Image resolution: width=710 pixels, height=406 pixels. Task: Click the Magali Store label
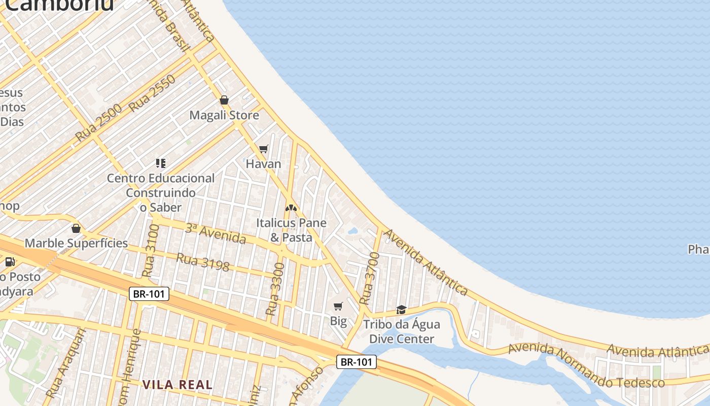pos(224,115)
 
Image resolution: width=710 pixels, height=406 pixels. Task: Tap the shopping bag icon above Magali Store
pos(224,100)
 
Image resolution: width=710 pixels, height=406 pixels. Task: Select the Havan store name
pos(263,164)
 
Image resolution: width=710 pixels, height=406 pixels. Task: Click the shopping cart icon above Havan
pos(263,149)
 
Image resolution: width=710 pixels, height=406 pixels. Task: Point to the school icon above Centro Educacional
pos(161,163)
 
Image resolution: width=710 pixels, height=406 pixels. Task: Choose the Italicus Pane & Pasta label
pos(291,230)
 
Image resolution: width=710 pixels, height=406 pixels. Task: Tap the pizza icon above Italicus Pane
pos(291,208)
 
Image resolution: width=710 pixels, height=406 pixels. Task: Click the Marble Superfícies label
pos(76,243)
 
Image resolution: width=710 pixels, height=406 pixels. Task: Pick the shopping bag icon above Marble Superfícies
pos(76,228)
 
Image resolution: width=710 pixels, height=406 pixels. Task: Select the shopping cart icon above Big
pos(338,306)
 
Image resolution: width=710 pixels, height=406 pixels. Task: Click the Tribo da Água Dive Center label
pos(402,331)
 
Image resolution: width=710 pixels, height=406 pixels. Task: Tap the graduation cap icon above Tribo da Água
pos(402,310)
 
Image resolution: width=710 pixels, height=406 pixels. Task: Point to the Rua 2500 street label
pos(99,123)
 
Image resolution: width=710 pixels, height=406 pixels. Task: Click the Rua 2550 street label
pos(152,94)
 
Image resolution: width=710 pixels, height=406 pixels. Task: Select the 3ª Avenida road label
pos(215,234)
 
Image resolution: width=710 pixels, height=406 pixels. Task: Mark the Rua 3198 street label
pos(203,262)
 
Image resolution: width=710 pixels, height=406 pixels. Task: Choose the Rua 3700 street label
pos(369,278)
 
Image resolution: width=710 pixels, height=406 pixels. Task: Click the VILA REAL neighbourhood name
pos(177,385)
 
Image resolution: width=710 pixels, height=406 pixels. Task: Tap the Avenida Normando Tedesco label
pos(586,365)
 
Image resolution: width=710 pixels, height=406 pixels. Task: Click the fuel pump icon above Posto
pos(10,262)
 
